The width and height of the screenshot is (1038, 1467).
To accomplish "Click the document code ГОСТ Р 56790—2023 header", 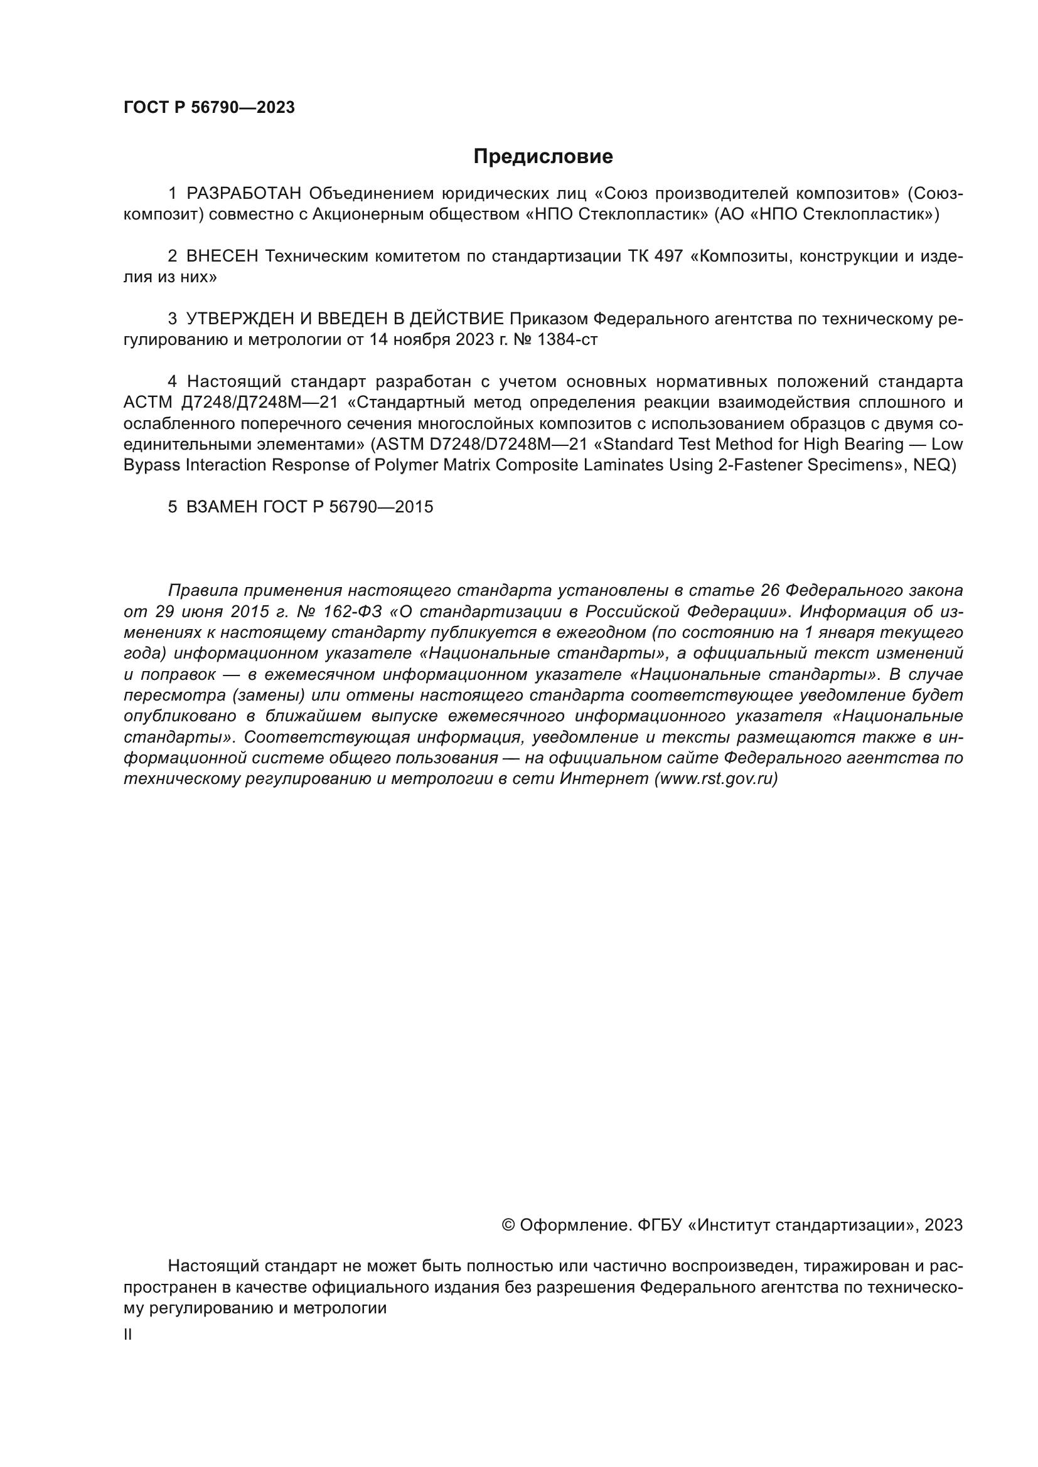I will (209, 107).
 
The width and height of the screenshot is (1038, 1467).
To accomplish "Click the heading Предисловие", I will (543, 157).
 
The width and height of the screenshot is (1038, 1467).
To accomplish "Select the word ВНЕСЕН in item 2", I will (222, 257).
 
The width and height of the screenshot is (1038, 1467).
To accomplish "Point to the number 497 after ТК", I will (668, 257).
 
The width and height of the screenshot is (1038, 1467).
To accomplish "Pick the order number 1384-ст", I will (567, 340).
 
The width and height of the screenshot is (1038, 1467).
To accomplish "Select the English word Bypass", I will (151, 465).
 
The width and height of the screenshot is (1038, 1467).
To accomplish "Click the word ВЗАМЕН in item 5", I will (221, 507).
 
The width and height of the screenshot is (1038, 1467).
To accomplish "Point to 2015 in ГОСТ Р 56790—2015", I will (414, 507).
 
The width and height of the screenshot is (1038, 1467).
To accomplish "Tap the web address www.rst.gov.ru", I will (715, 779).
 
